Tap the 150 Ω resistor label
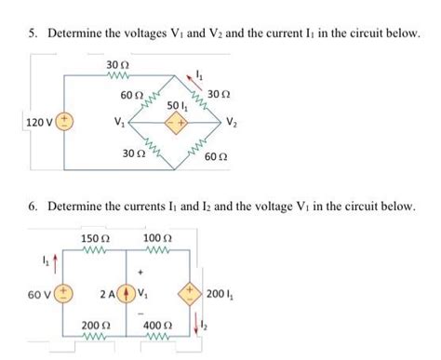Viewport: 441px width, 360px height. click(97, 239)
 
